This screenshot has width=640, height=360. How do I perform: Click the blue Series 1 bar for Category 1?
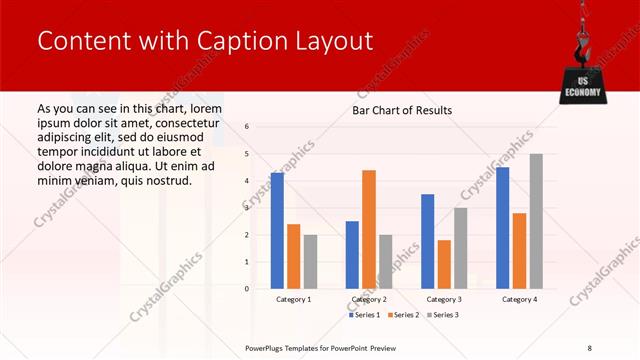coord(277,231)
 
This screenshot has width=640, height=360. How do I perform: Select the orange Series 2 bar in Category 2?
coord(369,229)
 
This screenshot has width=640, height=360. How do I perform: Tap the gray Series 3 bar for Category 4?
coord(536,221)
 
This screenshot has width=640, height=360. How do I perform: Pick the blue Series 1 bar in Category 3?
coord(428,241)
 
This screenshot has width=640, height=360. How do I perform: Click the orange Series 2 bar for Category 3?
coord(444,264)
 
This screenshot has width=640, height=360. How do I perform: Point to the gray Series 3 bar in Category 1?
coord(311,262)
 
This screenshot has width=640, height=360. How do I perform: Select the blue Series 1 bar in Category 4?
coord(503,228)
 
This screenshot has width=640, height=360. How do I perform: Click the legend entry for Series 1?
coord(364,315)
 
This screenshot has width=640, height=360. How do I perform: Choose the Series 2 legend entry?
coord(403,315)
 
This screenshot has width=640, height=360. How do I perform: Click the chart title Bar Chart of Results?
coord(402,110)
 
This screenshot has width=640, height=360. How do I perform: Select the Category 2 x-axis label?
coord(369,299)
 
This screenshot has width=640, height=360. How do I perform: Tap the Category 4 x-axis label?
coord(519,299)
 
